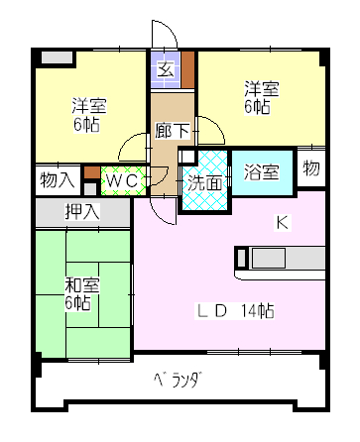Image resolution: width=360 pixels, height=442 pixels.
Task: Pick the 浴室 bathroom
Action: [262, 171]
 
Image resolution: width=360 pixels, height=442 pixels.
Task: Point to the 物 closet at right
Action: [310, 167]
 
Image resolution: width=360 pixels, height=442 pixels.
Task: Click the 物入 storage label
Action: [57, 180]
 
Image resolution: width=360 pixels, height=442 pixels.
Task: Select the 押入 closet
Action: [82, 211]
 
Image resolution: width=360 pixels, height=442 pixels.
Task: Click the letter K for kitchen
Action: [282, 223]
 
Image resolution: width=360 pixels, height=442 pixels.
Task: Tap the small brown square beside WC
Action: [91, 183]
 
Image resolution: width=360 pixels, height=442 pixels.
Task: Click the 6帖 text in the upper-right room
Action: [260, 107]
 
